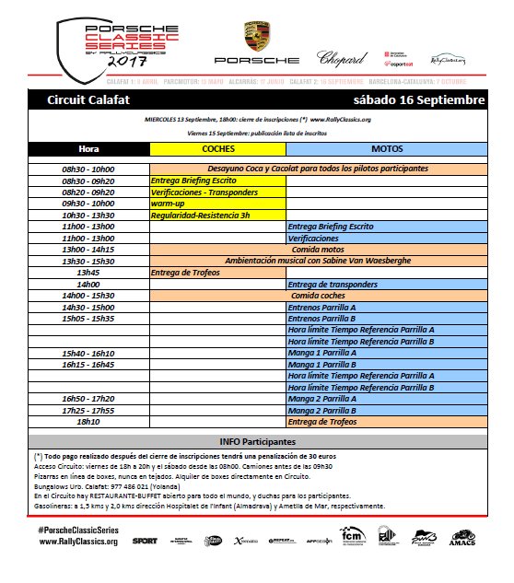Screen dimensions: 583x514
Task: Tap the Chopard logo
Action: (x=342, y=58)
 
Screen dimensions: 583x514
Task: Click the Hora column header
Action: (x=88, y=148)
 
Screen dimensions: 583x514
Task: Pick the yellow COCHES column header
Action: (x=217, y=148)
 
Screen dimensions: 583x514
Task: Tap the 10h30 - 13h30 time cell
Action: (x=88, y=215)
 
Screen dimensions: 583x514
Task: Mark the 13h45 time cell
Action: (x=88, y=273)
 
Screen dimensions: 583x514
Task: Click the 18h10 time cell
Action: (x=88, y=421)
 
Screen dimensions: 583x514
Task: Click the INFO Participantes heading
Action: (x=256, y=442)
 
